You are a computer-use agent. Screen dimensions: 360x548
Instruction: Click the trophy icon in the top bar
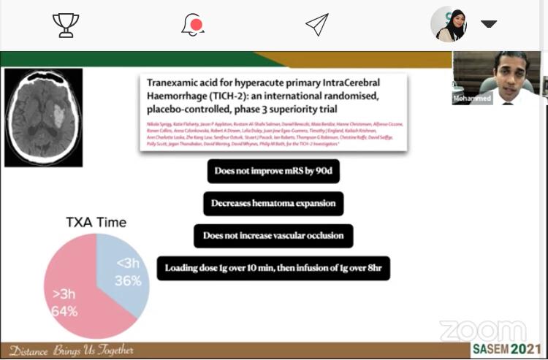point(66,25)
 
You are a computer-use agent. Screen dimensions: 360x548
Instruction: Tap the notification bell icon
point(192,25)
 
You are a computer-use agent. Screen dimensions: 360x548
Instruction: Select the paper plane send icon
point(316,25)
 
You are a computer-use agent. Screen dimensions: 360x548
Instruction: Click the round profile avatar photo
point(449,24)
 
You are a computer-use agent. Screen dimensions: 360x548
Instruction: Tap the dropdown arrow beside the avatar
point(489,24)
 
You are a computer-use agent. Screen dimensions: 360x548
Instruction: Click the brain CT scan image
point(43,117)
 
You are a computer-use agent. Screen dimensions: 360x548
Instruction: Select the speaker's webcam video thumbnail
point(496,78)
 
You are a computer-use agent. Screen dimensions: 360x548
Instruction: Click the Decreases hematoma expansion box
point(273,204)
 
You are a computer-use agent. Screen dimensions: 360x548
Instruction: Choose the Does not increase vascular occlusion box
point(273,236)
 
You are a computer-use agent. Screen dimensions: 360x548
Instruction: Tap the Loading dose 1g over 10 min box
point(273,268)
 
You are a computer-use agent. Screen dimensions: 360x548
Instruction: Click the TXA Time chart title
point(96,222)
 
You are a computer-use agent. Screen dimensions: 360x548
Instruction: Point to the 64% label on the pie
point(64,312)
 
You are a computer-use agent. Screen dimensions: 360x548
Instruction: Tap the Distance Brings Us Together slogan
point(71,351)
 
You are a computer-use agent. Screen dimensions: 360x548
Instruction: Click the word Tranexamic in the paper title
point(175,83)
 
